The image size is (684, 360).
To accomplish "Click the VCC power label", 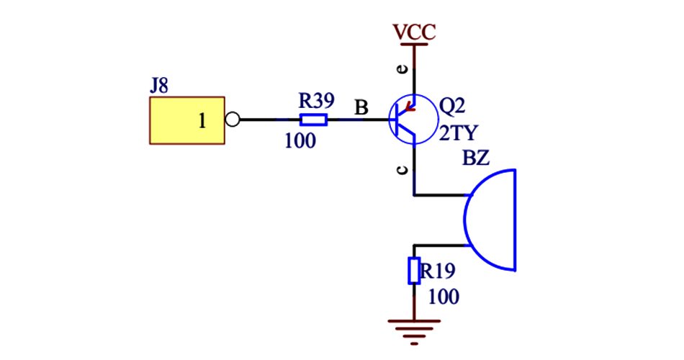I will (x=414, y=32).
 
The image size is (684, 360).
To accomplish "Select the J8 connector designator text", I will (x=159, y=86).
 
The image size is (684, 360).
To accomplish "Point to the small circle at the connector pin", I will (x=232, y=120).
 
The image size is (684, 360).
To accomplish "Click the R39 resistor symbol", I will (x=313, y=120).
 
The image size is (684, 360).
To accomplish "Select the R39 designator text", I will (x=315, y=99).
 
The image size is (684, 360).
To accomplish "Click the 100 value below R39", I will (x=300, y=140).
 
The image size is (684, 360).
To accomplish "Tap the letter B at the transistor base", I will (x=361, y=108).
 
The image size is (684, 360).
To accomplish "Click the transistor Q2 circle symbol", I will (x=413, y=120).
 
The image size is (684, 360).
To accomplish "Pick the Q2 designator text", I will (x=452, y=107).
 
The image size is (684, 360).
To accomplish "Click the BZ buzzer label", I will (x=476, y=158).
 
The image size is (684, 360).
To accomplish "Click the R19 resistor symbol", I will (x=414, y=271).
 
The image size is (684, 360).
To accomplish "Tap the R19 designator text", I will (x=438, y=271).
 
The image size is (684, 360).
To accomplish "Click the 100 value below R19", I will (x=444, y=297).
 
